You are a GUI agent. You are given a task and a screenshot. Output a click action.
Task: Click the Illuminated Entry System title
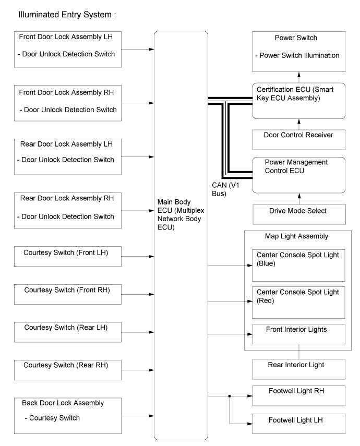pyautogui.click(x=67, y=15)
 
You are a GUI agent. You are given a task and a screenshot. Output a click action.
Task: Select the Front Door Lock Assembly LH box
pyautogui.click(x=68, y=50)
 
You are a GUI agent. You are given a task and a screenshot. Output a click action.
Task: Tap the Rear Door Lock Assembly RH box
pyautogui.click(x=68, y=211)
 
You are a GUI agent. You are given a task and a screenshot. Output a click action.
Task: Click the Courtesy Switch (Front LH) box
pyautogui.click(x=68, y=256)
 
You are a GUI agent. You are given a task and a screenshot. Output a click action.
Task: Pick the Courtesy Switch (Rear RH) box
pyautogui.click(x=68, y=370)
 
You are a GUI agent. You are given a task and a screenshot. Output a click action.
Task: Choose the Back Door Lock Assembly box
pyautogui.click(x=68, y=416)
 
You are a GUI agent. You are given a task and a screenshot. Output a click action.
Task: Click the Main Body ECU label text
pyautogui.click(x=181, y=214)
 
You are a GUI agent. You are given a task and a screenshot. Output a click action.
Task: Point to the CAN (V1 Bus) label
pyautogui.click(x=225, y=189)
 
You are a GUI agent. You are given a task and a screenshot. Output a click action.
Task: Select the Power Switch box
pyautogui.click(x=299, y=52)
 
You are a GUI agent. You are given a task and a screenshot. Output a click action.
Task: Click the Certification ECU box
pyautogui.click(x=299, y=101)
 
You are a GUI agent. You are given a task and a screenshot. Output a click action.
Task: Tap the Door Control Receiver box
pyautogui.click(x=299, y=140)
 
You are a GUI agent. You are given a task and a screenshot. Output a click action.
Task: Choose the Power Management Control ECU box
pyautogui.click(x=299, y=175)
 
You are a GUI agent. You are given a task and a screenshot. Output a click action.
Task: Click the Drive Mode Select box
pyautogui.click(x=299, y=214)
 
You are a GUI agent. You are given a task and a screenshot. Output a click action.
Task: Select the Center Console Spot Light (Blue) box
pyautogui.click(x=298, y=266)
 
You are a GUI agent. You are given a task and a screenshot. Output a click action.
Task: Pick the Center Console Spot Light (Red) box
pyautogui.click(x=298, y=303)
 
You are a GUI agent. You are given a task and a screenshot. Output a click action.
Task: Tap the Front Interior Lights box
pyautogui.click(x=299, y=334)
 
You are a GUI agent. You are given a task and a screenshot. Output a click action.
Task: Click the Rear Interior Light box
pyautogui.click(x=299, y=369)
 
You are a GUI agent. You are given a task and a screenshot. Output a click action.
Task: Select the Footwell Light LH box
pyautogui.click(x=299, y=424)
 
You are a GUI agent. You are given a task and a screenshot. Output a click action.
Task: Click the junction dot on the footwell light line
pyautogui.click(x=230, y=396)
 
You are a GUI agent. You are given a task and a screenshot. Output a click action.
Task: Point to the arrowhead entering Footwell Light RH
pyautogui.click(x=250, y=396)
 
